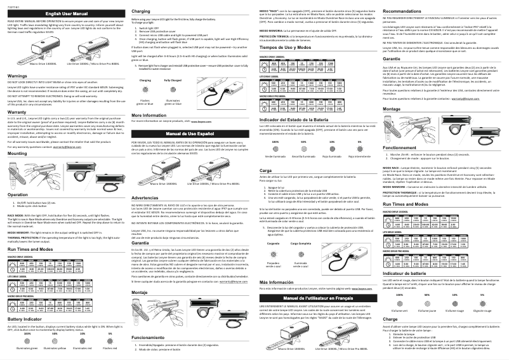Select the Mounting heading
pyautogui.click(x=18, y=154)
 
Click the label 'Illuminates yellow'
pyautogui.click(x=58, y=348)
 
